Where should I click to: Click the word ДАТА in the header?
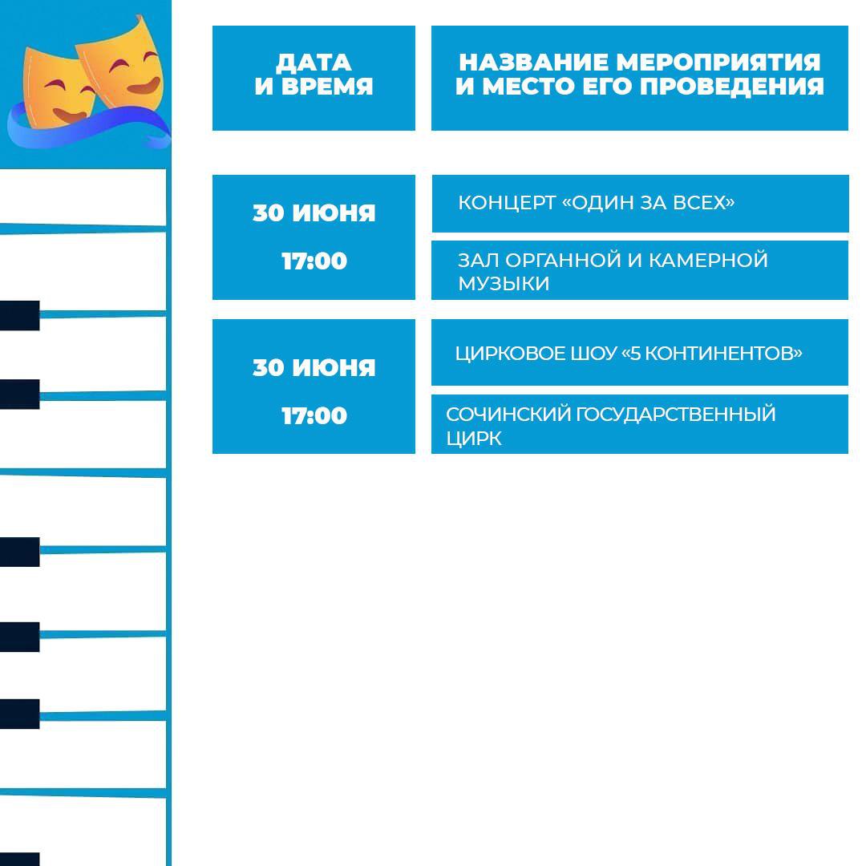(314, 63)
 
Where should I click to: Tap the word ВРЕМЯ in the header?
(327, 87)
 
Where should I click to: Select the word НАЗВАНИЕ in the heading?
(533, 63)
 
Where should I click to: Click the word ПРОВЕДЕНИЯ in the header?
(732, 87)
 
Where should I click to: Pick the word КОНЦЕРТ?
(507, 203)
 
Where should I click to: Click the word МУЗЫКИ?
(504, 284)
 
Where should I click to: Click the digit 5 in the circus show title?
(635, 354)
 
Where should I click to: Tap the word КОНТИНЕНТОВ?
(719, 354)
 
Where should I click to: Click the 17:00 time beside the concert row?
(314, 261)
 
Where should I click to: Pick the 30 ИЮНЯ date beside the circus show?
(314, 368)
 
